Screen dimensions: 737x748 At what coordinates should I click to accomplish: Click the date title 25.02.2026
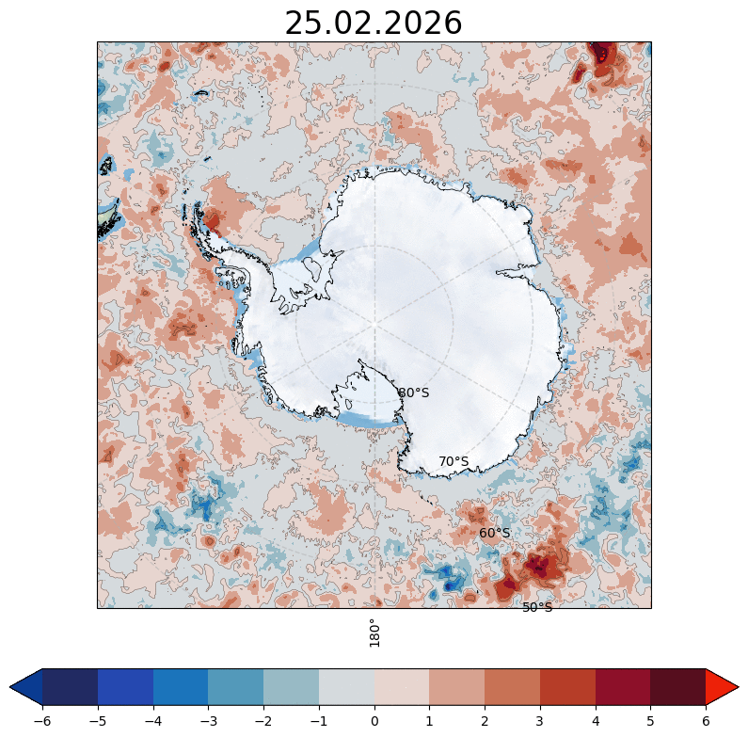(x=374, y=23)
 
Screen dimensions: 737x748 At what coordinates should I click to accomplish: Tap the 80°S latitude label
(x=413, y=393)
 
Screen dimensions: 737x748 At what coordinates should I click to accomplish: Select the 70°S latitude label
(x=454, y=461)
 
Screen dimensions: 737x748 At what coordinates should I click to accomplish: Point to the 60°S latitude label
(x=494, y=533)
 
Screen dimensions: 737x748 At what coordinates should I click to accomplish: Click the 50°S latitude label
(x=537, y=607)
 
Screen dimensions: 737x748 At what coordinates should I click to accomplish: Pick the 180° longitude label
(x=374, y=633)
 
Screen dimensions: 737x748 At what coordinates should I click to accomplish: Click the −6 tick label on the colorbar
(x=42, y=720)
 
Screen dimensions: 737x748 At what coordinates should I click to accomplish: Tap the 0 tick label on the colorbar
(x=374, y=720)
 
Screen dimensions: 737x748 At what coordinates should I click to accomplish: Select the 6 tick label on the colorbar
(x=706, y=720)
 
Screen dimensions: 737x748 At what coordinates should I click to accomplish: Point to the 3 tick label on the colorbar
(x=540, y=720)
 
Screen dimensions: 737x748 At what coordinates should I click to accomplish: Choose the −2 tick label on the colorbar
(x=263, y=720)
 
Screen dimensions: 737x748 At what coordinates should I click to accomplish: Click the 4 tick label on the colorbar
(x=596, y=720)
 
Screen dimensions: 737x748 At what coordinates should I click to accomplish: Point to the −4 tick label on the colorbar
(x=153, y=720)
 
